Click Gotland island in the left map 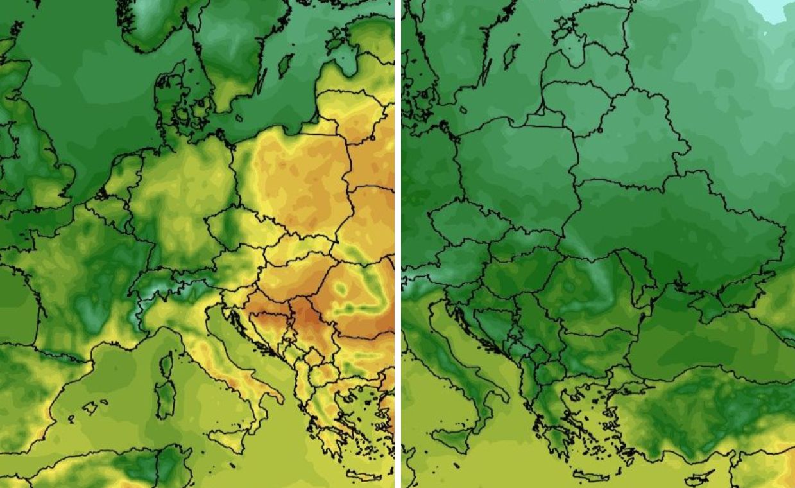coord(286,65)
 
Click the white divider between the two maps coord(398,244)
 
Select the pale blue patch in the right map coord(773,10)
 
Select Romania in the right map coord(597,289)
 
